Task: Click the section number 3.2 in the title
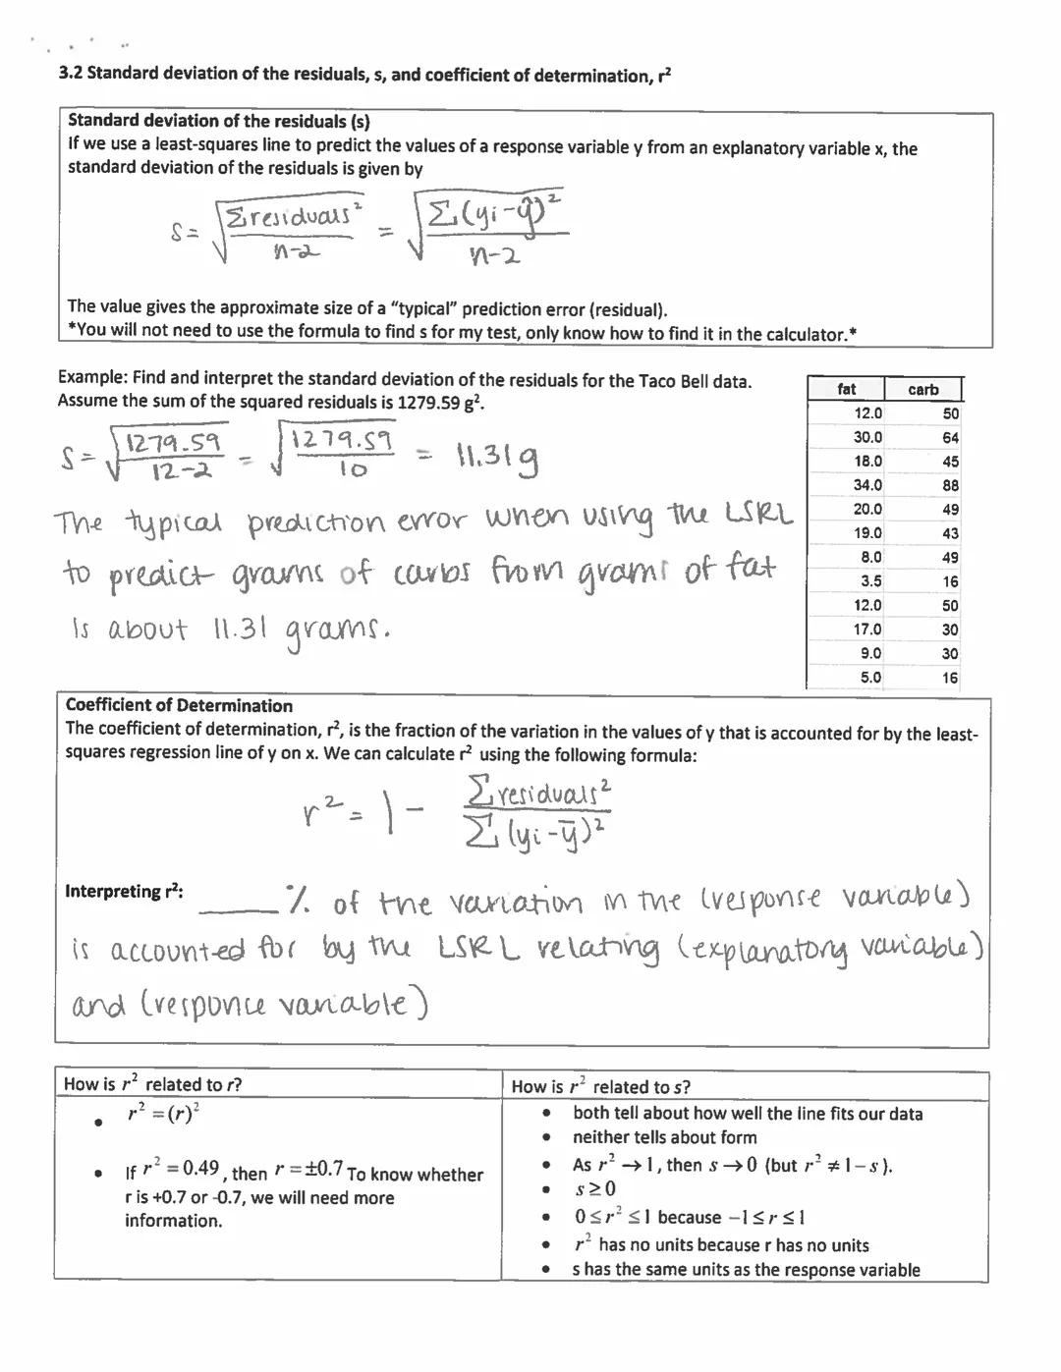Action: (72, 74)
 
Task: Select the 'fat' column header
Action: (846, 389)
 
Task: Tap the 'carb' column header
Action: (922, 390)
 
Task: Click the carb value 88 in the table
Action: (949, 485)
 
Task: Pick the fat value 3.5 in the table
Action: (869, 581)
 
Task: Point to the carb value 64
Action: (949, 438)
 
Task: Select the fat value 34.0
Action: (867, 485)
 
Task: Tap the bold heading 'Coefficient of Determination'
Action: (179, 705)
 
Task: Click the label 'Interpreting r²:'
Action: (124, 892)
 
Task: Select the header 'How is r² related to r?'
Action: (152, 1084)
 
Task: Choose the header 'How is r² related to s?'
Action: (600, 1086)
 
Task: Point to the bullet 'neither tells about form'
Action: (664, 1137)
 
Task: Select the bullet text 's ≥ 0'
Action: (594, 1189)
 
